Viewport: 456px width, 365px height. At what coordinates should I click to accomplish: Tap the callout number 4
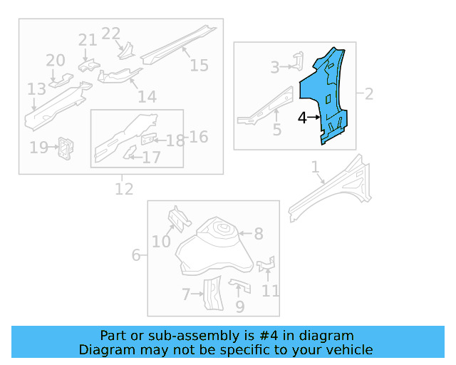pyautogui.click(x=302, y=118)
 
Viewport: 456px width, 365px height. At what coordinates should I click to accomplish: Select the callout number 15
pyautogui.click(x=199, y=65)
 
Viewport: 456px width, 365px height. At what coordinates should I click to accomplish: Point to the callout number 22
pyautogui.click(x=111, y=34)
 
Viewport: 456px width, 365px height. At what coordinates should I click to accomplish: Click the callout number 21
pyautogui.click(x=88, y=40)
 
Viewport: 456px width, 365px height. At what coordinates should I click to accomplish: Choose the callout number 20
pyautogui.click(x=56, y=61)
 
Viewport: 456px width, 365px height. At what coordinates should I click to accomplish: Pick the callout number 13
pyautogui.click(x=36, y=89)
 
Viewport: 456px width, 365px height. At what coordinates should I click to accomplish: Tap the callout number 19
pyautogui.click(x=38, y=148)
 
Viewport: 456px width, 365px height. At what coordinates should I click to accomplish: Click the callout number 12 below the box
pyautogui.click(x=124, y=189)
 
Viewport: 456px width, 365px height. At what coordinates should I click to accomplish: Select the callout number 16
pyautogui.click(x=199, y=136)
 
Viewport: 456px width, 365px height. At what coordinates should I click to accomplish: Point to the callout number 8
pyautogui.click(x=259, y=233)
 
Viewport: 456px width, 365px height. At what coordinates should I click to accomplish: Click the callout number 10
pyautogui.click(x=161, y=242)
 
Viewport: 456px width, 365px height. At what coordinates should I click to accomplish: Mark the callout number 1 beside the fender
pyautogui.click(x=315, y=167)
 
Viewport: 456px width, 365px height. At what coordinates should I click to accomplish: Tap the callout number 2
pyautogui.click(x=369, y=93)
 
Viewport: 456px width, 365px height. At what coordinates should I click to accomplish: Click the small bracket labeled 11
pyautogui.click(x=266, y=265)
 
